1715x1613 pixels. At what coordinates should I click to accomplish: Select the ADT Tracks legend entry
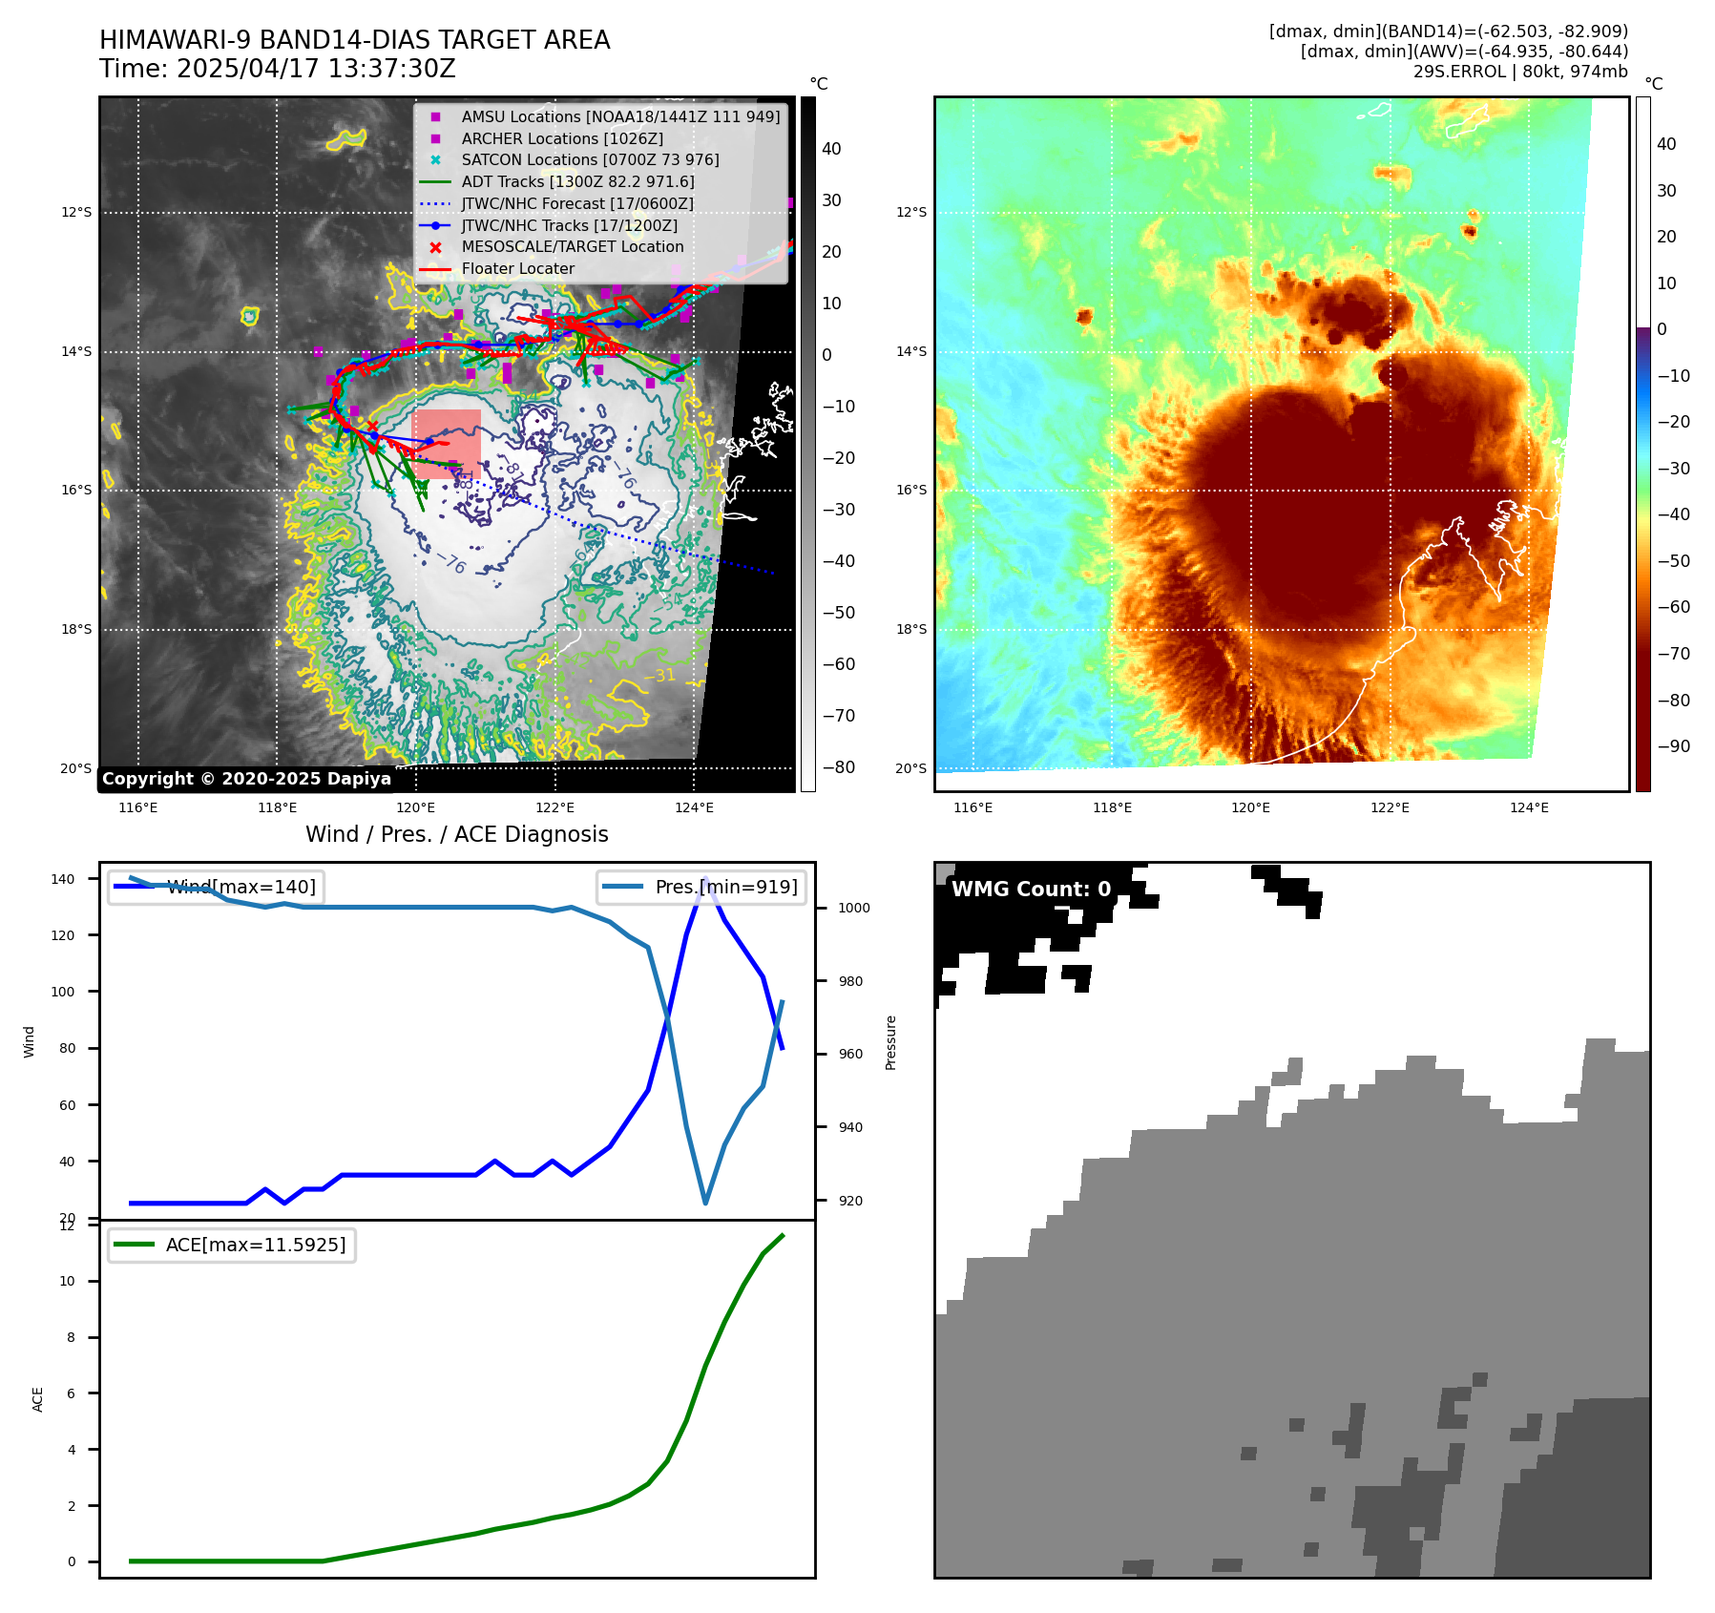coord(577,181)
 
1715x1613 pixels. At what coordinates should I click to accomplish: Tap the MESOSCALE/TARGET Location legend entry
coord(573,246)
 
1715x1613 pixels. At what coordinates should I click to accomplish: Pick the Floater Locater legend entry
coord(518,269)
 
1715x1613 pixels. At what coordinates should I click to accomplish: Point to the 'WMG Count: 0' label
coord(1031,890)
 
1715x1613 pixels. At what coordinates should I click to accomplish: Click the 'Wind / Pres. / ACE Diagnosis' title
coord(456,834)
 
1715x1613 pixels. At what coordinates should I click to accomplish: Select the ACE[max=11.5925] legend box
coord(232,1245)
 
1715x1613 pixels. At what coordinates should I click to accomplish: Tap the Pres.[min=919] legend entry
coord(701,887)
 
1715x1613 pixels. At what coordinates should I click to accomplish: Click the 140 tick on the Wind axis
coord(63,879)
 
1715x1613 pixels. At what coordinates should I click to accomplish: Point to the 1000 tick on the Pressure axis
coord(853,908)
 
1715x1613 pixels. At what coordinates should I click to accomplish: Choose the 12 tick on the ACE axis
coord(67,1226)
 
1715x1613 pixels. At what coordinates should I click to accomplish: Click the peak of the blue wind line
coord(705,879)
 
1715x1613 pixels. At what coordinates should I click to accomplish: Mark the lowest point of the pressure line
coord(705,1203)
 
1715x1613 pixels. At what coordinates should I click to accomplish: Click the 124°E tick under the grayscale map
coord(694,808)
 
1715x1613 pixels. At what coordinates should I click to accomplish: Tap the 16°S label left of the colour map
coord(910,491)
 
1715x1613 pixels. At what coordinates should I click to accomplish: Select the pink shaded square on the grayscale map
coord(446,444)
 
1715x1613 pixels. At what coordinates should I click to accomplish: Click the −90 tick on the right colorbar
coord(1673,746)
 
